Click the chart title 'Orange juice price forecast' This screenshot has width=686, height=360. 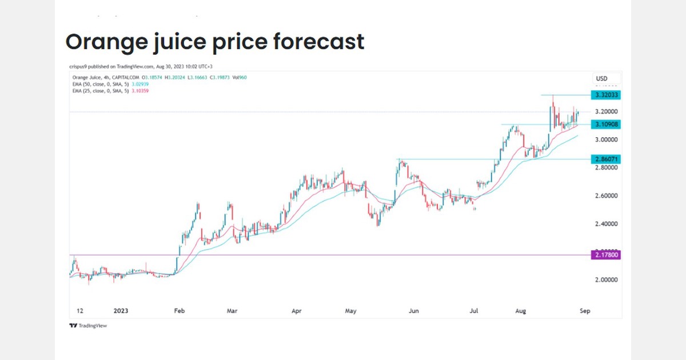coord(214,42)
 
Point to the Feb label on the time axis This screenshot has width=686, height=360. coord(179,311)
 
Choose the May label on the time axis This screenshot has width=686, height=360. coord(350,311)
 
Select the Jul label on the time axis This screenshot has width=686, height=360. coord(473,311)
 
